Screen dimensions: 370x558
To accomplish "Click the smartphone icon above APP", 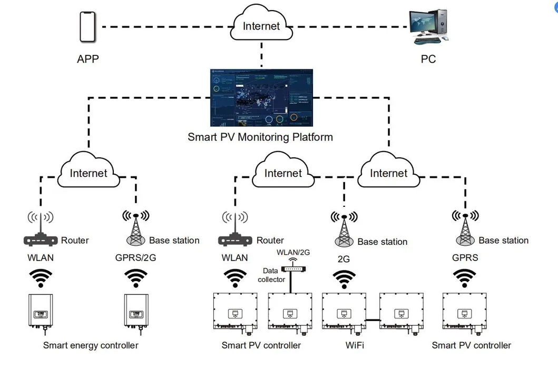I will pos(88,27).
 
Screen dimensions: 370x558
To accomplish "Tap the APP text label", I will pos(88,58).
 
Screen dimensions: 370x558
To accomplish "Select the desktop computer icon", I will pos(429,27).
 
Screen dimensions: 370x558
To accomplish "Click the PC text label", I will pos(428,59).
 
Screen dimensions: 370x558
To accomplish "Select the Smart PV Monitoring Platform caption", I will pos(260,137).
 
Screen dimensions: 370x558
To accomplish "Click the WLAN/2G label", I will pos(293,253).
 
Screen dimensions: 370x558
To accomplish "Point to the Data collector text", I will pos(271,275).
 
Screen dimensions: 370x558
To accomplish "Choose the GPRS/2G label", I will pos(135,258).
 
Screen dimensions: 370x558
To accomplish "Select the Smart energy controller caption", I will pos(91,345).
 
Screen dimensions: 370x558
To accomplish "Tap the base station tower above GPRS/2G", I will pos(136,229).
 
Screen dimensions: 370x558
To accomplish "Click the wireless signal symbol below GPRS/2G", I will pos(135,277).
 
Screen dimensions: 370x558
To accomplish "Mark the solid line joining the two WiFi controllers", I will pos(374,319).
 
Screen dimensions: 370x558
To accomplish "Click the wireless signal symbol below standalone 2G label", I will pos(344,279).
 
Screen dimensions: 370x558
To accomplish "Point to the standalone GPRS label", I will pos(465,258).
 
